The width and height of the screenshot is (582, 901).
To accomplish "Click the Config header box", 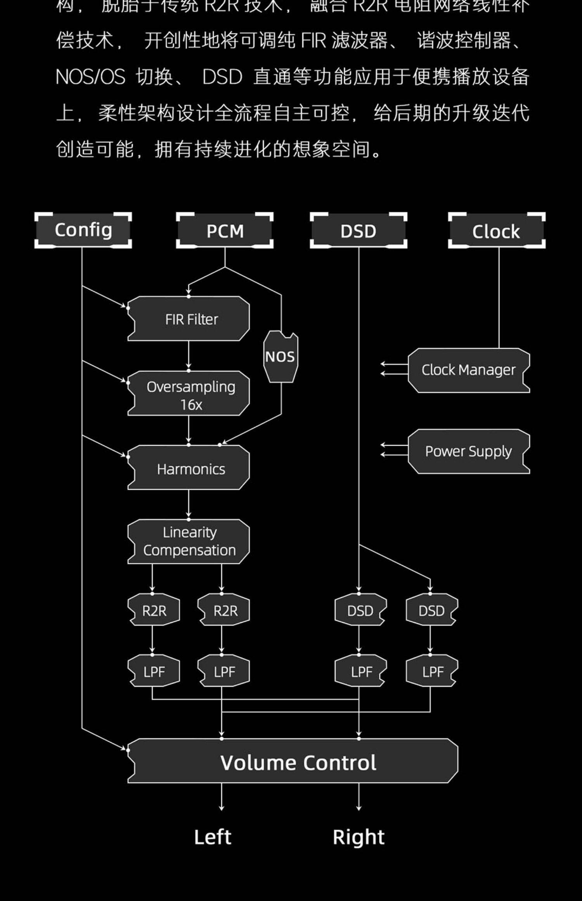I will click(83, 230).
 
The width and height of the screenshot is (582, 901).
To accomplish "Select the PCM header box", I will click(225, 231).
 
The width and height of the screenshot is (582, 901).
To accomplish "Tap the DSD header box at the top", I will click(358, 231).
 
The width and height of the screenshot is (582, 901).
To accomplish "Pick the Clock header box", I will click(496, 231).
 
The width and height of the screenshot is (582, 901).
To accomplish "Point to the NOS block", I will click(281, 357).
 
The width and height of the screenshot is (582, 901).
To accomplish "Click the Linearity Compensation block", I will click(189, 541).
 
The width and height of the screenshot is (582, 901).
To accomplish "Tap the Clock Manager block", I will click(469, 370).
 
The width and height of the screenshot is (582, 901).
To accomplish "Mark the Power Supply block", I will click(469, 451).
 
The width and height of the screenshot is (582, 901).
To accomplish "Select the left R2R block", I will click(154, 611).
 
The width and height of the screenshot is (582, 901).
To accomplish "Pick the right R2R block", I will click(224, 611).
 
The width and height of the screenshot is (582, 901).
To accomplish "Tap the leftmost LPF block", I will click(154, 671).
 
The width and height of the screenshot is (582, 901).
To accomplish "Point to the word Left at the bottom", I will click(213, 837).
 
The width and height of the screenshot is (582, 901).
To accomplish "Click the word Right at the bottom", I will click(359, 837).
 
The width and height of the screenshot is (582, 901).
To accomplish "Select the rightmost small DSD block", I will click(431, 611).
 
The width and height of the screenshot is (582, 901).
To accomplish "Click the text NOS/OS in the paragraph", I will click(90, 76).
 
